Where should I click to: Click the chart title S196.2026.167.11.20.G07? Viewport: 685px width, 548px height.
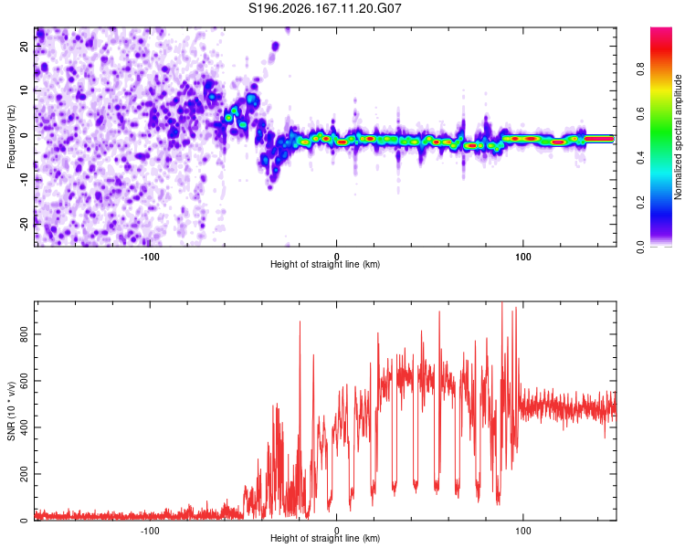[324, 8]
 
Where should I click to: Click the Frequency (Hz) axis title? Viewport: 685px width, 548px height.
[11, 137]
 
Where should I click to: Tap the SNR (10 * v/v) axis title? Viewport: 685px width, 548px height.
[11, 411]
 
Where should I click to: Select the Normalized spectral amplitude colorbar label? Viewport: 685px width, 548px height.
[678, 137]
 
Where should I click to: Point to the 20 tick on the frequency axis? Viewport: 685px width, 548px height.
[24, 46]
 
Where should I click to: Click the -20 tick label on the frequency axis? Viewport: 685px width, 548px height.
[24, 224]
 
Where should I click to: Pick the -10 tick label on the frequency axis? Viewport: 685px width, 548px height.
[24, 180]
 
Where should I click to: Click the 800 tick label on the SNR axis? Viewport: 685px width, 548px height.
[24, 334]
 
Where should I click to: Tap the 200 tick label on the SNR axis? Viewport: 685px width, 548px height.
[24, 474]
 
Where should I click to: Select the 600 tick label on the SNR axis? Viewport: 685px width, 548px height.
[24, 381]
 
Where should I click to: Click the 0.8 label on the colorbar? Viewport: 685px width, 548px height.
[640, 69]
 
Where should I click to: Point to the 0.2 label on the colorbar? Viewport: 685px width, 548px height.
[640, 203]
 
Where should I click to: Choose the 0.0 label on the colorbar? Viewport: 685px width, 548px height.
[640, 247]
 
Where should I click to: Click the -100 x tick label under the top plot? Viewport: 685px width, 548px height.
[150, 257]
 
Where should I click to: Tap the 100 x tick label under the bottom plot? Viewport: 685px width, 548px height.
[523, 531]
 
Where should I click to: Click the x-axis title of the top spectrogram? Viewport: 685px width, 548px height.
[325, 264]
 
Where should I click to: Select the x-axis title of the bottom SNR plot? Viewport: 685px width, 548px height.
[325, 538]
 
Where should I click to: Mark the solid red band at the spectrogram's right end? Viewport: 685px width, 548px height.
[599, 139]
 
